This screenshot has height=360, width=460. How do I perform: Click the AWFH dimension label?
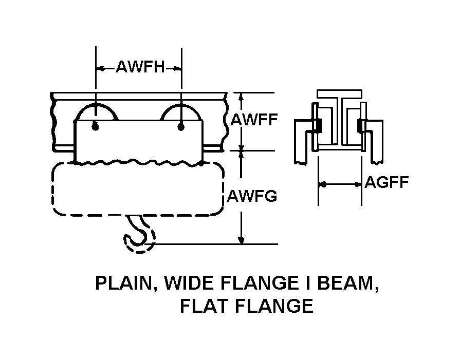point(139,67)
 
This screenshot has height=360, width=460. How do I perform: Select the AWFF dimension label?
point(254,120)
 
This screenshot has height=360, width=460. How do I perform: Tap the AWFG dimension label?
point(252,196)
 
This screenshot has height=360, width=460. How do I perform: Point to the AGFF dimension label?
point(387,182)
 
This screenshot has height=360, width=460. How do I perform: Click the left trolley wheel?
point(96,113)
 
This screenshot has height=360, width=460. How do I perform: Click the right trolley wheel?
point(181,113)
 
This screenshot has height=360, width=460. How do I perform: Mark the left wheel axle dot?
point(96,126)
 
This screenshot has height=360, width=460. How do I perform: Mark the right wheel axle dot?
point(181,126)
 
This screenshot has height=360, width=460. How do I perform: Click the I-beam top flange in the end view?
point(339,94)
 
